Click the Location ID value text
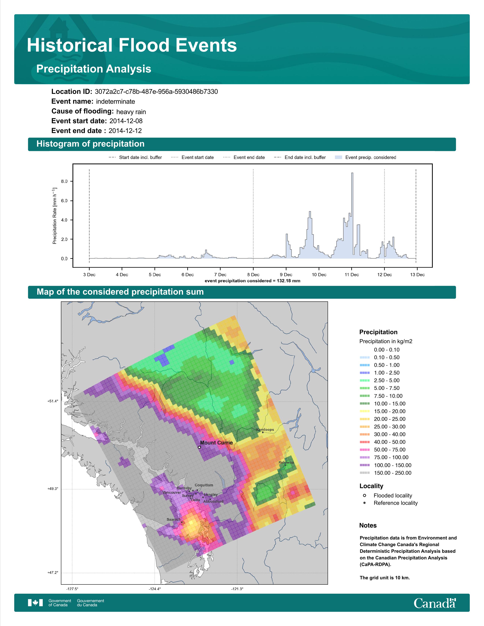[x=156, y=92]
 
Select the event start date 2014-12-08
[x=126, y=121]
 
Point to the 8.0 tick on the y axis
[x=64, y=181]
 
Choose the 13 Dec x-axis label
[x=417, y=275]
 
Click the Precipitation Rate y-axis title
[x=54, y=216]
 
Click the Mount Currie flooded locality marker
[x=199, y=447]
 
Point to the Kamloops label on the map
[x=265, y=430]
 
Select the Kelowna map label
[x=286, y=462]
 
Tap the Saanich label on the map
[x=174, y=519]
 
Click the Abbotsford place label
[x=213, y=501]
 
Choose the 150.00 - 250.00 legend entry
[x=385, y=473]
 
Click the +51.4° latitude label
[x=53, y=401]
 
